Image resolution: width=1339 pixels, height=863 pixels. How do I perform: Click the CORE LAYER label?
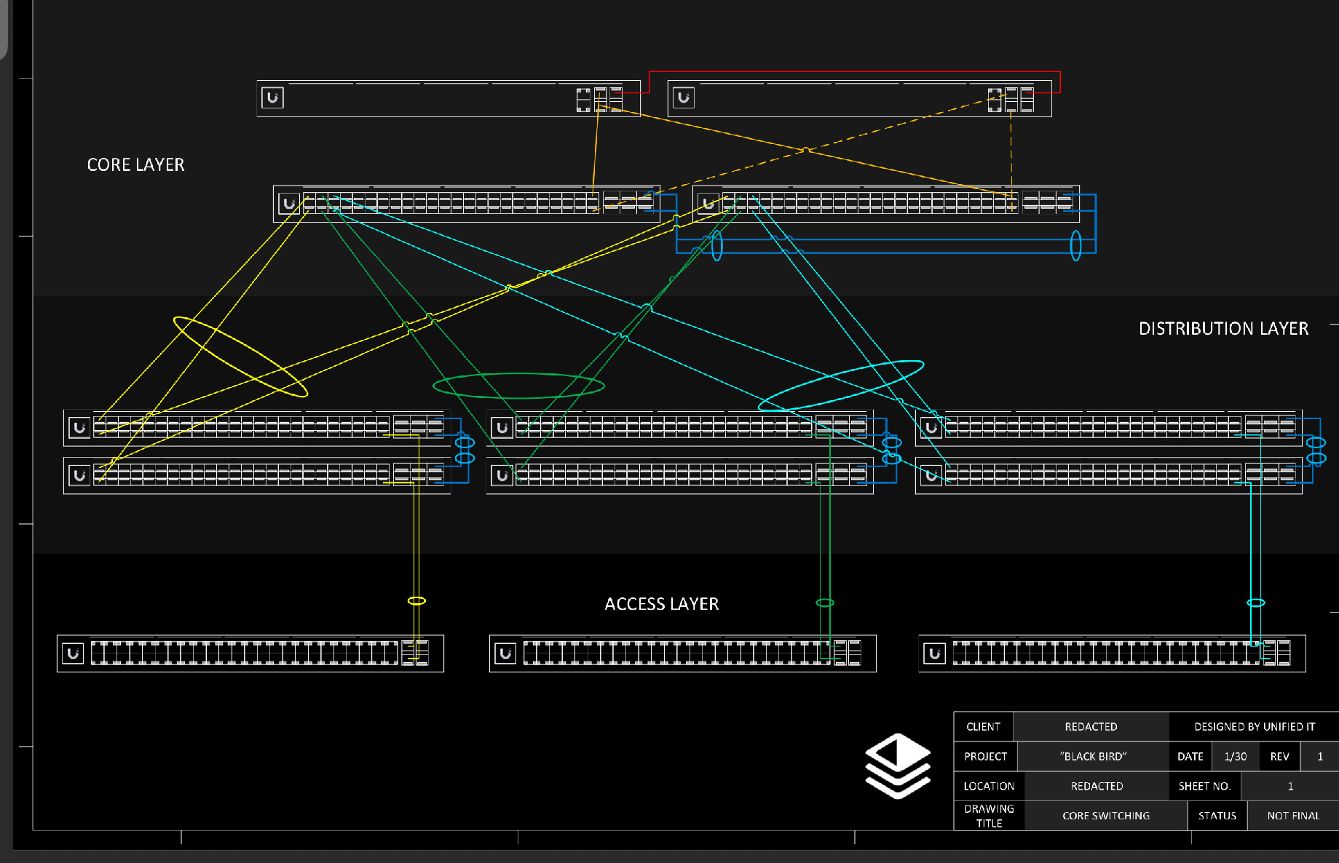click(135, 165)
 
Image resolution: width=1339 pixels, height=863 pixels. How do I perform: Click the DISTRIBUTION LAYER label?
click(1223, 329)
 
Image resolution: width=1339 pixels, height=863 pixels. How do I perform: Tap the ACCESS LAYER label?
click(661, 604)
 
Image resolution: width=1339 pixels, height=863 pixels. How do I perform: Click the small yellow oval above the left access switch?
click(416, 601)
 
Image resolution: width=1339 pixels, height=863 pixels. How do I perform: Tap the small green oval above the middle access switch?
click(824, 602)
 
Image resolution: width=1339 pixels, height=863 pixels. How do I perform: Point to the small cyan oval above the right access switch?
click(1256, 602)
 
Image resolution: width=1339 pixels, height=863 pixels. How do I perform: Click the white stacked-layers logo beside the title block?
click(898, 765)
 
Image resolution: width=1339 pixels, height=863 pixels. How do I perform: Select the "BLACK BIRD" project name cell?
click(1093, 757)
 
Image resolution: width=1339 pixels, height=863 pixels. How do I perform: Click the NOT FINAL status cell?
click(1293, 816)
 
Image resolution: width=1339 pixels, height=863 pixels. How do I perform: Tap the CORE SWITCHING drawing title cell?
click(1106, 816)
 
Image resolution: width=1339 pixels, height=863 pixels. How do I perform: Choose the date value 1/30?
click(1235, 757)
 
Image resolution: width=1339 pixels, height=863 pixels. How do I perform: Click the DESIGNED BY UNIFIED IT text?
click(1255, 727)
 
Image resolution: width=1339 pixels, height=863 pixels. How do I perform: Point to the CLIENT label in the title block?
click(983, 727)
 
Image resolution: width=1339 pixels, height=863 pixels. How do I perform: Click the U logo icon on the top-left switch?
click(272, 98)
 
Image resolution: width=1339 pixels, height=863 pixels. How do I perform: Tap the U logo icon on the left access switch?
click(73, 653)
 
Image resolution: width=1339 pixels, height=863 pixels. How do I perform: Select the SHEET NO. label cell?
click(1204, 787)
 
